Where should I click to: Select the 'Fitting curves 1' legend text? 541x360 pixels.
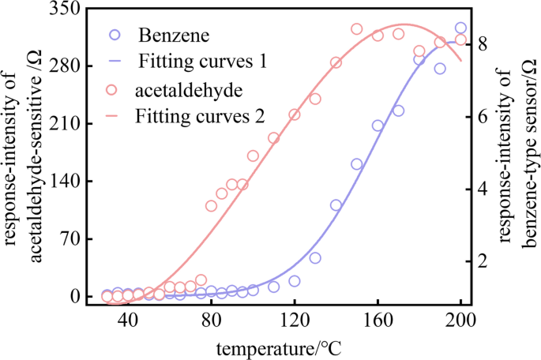click(201, 60)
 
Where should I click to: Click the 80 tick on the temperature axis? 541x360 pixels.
click(211, 321)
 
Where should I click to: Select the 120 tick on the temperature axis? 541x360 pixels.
click(294, 321)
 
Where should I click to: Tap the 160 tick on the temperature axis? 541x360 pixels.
click(378, 321)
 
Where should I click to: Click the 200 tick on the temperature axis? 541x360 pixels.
click(460, 321)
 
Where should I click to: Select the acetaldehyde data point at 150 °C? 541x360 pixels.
click(356, 29)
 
